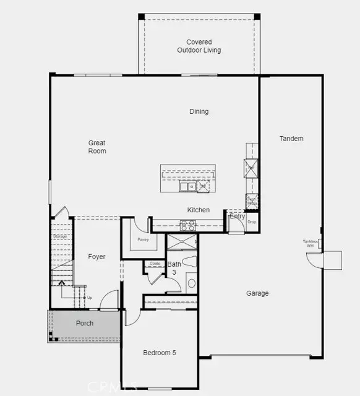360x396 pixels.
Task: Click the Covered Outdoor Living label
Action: pyautogui.click(x=199, y=46)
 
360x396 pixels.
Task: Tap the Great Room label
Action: pyautogui.click(x=97, y=147)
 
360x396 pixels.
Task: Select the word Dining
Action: pyautogui.click(x=199, y=111)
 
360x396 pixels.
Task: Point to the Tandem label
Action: pyautogui.click(x=291, y=139)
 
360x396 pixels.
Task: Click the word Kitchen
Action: pyautogui.click(x=199, y=210)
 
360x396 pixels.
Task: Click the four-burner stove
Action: pyautogui.click(x=187, y=226)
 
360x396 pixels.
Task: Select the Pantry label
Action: pyautogui.click(x=143, y=239)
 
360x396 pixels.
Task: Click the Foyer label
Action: pyautogui.click(x=96, y=256)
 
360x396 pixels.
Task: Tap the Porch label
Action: pyautogui.click(x=84, y=324)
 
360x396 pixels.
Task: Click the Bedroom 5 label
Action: pyautogui.click(x=160, y=353)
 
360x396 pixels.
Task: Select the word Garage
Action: pyautogui.click(x=257, y=293)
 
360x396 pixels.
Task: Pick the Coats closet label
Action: pyautogui.click(x=155, y=264)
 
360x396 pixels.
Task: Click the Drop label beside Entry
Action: pyautogui.click(x=252, y=221)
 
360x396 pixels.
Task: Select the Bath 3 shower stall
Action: pyautogui.click(x=182, y=243)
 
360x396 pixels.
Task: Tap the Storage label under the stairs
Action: pyautogui.click(x=59, y=236)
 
